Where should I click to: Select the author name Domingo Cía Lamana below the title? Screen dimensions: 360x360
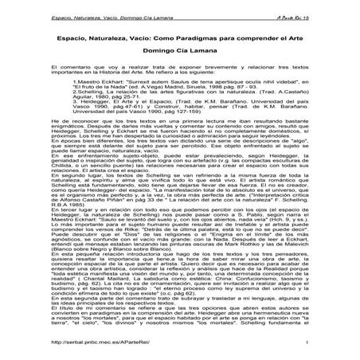(180, 54)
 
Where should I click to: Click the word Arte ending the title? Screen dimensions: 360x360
(300, 40)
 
